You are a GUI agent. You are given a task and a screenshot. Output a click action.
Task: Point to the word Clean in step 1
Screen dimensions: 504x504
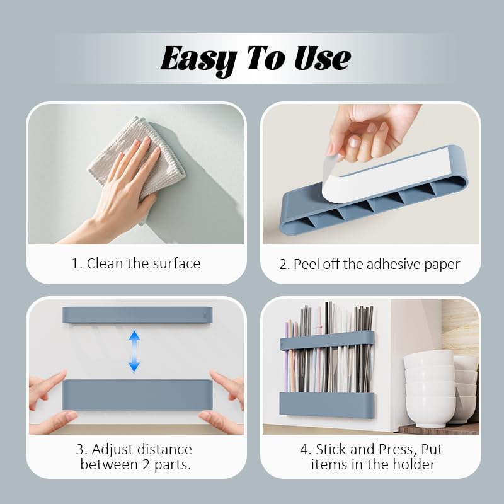pyautogui.click(x=105, y=263)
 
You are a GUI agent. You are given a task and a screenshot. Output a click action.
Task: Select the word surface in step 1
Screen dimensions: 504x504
pyautogui.click(x=175, y=263)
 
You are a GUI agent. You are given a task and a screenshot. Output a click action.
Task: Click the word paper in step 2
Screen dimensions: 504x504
pyautogui.click(x=441, y=263)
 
